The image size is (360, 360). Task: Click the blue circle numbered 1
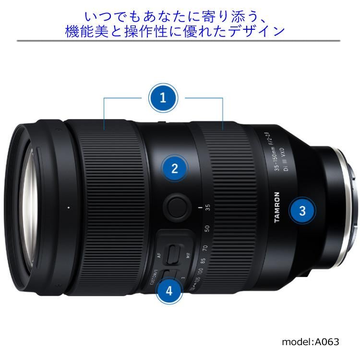[163, 98]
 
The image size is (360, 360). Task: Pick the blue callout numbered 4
[169, 290]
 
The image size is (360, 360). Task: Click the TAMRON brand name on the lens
[276, 207]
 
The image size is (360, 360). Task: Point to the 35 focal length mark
[207, 208]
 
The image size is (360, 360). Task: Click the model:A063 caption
[310, 342]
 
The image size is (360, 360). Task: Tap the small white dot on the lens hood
[69, 207]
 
